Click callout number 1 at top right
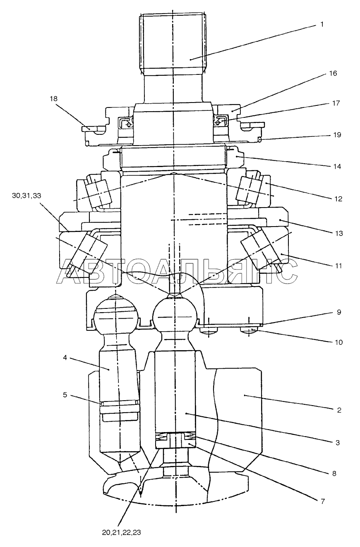[321, 24]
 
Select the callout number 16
[333, 73]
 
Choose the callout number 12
[338, 198]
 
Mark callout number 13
[339, 233]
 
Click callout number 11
[338, 266]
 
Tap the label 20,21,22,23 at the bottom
[121, 533]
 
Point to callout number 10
[338, 342]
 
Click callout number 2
[338, 410]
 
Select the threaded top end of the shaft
[173, 41]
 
